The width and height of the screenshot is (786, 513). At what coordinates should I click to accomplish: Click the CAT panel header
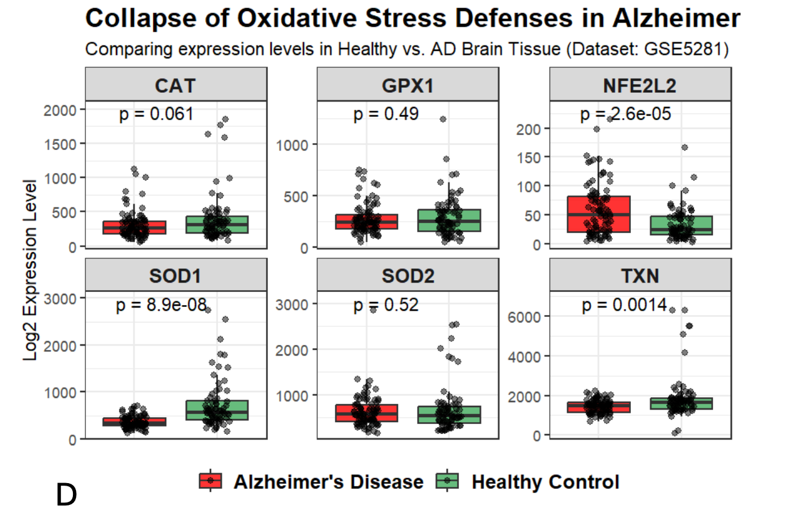coord(176,84)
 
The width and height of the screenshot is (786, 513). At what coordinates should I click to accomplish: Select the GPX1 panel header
coord(408,84)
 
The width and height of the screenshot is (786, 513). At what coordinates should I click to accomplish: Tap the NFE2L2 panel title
coord(640,85)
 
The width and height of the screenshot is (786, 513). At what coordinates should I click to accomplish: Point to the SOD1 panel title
coord(175,276)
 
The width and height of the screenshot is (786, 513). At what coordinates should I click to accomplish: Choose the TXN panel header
coord(640,275)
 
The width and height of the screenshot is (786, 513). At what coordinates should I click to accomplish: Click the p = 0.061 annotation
coord(156,114)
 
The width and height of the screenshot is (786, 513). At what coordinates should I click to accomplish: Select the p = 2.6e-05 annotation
coord(625,114)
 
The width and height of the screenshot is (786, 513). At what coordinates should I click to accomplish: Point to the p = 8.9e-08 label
coord(161,304)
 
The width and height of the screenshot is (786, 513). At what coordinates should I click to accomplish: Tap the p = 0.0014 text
coord(624,304)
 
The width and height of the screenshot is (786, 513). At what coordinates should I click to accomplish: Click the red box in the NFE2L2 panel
coord(599,214)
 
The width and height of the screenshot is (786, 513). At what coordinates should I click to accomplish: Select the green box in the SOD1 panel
coord(217,410)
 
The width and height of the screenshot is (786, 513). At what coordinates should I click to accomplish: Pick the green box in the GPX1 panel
coord(449,220)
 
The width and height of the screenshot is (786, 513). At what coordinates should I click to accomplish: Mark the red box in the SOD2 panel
coord(366,413)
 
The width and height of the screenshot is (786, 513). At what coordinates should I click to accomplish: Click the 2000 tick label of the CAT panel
coord(60,110)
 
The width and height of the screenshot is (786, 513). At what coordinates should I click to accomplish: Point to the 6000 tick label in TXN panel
coord(524,317)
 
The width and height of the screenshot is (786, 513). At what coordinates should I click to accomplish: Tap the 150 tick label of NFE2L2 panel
coord(528,158)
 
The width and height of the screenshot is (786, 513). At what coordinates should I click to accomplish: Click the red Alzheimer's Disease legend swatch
coord(210,481)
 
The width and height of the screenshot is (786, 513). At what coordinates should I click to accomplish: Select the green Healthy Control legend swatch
coord(447,481)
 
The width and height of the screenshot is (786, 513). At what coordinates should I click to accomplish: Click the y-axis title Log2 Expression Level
coord(30,270)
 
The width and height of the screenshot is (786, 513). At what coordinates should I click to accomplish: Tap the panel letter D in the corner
coord(66,494)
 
